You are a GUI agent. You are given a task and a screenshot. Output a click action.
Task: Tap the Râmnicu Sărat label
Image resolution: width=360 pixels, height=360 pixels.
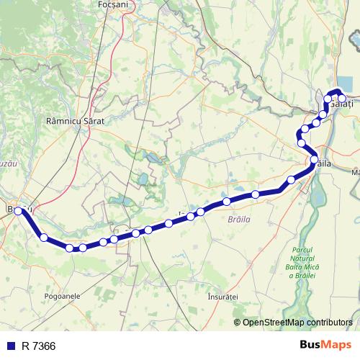[75, 122]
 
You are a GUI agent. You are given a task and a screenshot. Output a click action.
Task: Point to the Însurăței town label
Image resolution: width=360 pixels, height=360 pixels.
[222, 297]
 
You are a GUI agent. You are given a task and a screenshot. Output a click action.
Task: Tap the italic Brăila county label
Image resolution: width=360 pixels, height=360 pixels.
[237, 217]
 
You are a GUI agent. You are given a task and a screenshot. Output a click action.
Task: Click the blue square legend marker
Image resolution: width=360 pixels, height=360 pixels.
[11, 346]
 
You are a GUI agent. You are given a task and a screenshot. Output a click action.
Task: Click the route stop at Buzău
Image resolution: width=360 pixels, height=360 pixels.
[19, 212]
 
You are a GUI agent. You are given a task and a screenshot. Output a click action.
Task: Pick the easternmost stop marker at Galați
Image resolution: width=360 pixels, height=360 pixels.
[342, 99]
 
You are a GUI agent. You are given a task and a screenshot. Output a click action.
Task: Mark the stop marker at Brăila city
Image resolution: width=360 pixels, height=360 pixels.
[315, 160]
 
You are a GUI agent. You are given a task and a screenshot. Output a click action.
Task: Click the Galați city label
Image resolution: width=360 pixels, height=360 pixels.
[345, 105]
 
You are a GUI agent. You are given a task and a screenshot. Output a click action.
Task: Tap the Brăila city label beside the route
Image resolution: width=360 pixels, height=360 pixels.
[324, 165]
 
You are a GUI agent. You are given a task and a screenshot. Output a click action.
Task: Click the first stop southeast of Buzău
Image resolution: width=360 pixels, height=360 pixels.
[44, 238]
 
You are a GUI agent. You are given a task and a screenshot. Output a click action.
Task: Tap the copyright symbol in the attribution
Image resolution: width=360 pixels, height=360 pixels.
[238, 323]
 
